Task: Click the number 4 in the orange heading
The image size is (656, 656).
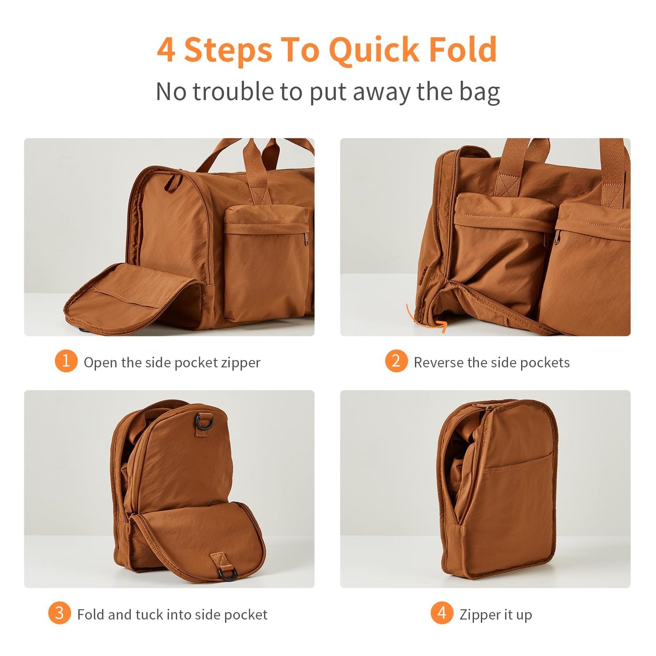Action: (x=167, y=50)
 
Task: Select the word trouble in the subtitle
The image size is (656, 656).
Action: (x=233, y=91)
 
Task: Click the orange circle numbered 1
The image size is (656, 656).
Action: (x=66, y=361)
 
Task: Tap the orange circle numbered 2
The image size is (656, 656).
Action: (x=396, y=361)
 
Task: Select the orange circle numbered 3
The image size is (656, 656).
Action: (x=59, y=613)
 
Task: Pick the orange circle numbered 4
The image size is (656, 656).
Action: (x=442, y=613)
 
